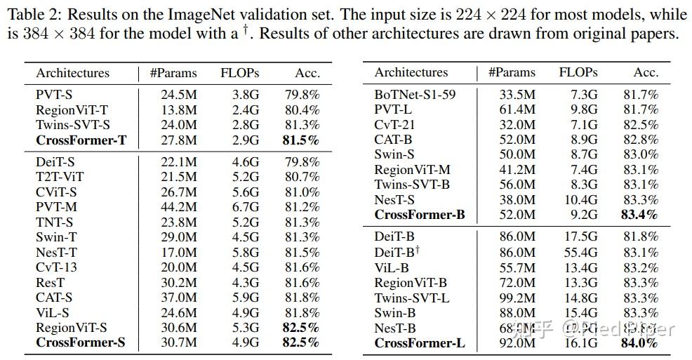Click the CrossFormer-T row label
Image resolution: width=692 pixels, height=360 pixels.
pyautogui.click(x=81, y=140)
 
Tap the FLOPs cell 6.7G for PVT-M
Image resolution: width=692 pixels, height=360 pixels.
pyautogui.click(x=245, y=207)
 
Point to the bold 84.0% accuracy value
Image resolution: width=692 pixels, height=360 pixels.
pyautogui.click(x=639, y=343)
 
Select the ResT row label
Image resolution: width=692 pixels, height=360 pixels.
pyautogui.click(x=51, y=282)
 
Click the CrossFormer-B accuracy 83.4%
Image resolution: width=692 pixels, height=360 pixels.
pyautogui.click(x=639, y=215)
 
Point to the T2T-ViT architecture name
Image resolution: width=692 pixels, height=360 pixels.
pyautogui.click(x=60, y=177)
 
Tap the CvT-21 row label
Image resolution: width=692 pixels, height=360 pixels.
pyautogui.click(x=396, y=124)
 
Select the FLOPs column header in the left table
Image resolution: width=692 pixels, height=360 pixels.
pyautogui.click(x=240, y=73)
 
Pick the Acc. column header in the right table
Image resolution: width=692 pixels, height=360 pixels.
pyautogui.click(x=646, y=72)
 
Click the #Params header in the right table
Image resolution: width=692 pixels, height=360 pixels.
pyautogui.click(x=512, y=72)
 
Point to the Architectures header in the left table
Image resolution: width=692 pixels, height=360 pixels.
pyautogui.click(x=73, y=73)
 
